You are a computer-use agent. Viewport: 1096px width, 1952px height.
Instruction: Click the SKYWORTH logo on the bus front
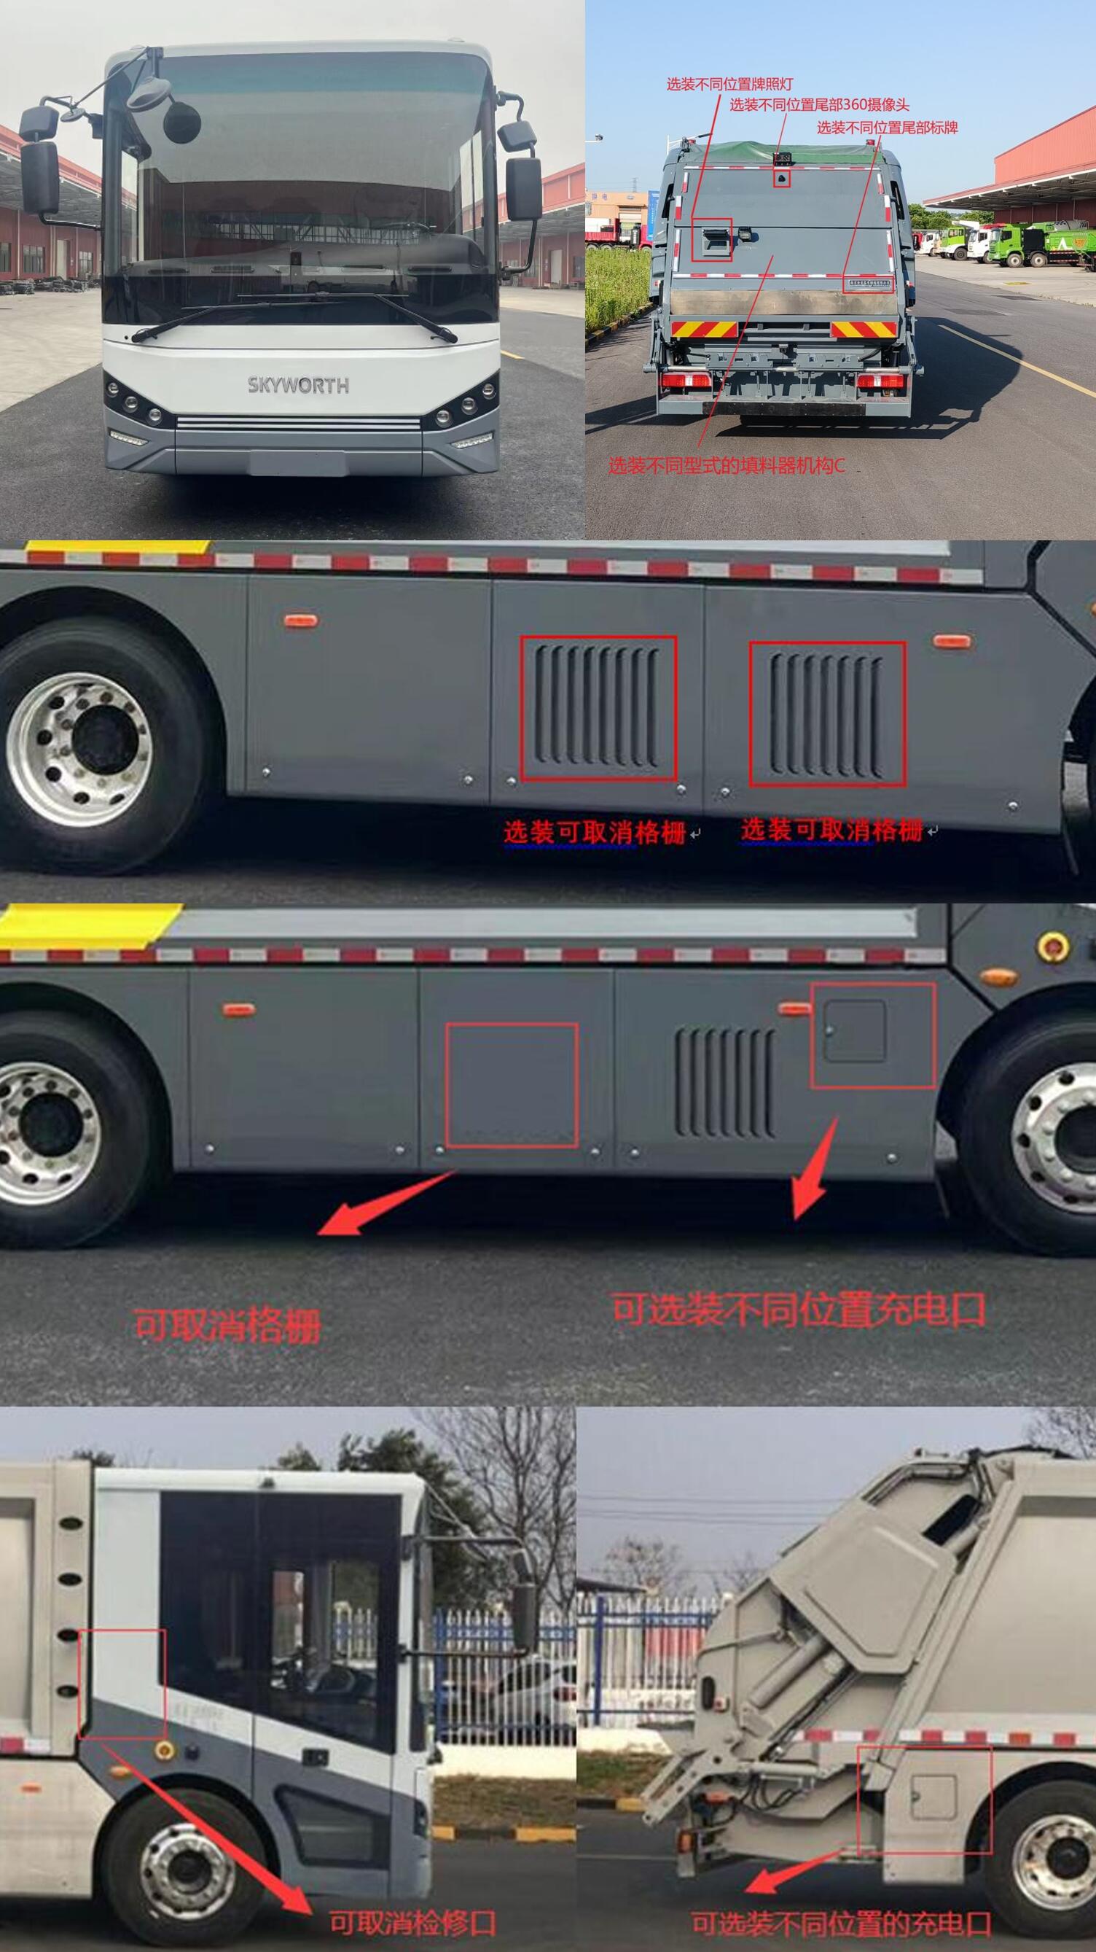[299, 385]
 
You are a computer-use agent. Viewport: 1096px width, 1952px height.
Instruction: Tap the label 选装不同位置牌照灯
[729, 84]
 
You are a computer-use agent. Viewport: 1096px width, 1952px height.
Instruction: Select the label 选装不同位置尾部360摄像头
[819, 104]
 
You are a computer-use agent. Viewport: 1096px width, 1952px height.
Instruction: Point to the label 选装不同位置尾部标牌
[886, 128]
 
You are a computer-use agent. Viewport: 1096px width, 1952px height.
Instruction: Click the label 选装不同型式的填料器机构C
[726, 465]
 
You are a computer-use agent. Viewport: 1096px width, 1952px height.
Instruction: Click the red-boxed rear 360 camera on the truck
[782, 179]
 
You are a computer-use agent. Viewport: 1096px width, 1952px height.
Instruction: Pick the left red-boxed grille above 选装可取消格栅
[598, 708]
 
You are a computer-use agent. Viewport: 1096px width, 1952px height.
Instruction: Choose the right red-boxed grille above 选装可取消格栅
[827, 713]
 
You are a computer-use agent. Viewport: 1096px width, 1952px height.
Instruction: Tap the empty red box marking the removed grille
[512, 1085]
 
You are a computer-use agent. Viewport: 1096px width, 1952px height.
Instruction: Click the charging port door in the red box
[854, 1030]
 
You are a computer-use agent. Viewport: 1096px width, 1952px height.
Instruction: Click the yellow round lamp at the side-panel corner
[1052, 946]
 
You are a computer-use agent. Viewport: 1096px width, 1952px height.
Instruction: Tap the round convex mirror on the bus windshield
[181, 121]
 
